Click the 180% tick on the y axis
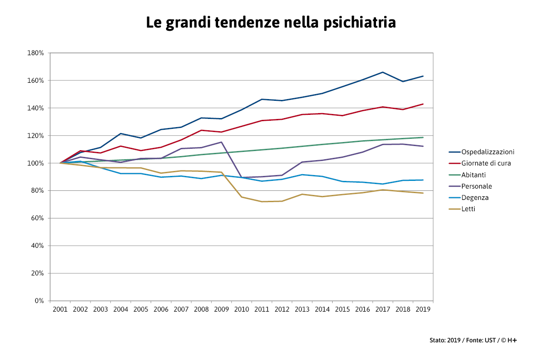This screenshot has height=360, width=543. pos(36,53)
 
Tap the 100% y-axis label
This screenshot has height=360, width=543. pos(36,163)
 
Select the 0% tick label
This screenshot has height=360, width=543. pos(39,301)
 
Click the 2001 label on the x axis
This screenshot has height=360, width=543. pos(60,309)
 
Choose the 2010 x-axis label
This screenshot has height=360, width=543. pos(242,309)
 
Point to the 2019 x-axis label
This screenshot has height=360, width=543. pos(423,309)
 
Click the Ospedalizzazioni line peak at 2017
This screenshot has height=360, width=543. pos(383,72)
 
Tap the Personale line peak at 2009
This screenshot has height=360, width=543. pos(221,142)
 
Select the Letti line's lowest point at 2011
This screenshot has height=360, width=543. pos(262,202)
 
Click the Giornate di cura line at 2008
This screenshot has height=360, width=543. pos(201,130)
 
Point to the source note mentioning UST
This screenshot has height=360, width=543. pos(473,340)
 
